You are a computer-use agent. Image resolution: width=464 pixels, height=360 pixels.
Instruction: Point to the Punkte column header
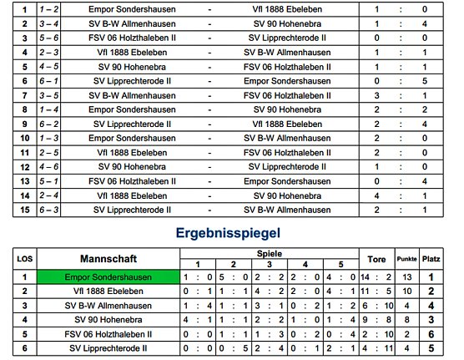(x=406, y=257)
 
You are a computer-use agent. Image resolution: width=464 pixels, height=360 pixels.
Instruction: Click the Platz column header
(x=431, y=257)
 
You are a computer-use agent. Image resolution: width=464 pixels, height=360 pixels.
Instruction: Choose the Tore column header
(x=376, y=257)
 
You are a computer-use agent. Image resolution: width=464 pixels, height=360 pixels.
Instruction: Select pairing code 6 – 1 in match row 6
(x=49, y=81)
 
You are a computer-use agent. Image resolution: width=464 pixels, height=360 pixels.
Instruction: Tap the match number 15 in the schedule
(x=25, y=210)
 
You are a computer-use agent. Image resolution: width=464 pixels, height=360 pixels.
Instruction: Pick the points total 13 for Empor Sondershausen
(x=406, y=276)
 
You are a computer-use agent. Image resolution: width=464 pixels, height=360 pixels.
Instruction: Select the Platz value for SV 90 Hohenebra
(x=431, y=319)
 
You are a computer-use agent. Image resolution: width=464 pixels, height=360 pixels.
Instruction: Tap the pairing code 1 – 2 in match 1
(x=49, y=10)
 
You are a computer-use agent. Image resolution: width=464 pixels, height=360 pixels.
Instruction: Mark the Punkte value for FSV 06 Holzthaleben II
(x=406, y=333)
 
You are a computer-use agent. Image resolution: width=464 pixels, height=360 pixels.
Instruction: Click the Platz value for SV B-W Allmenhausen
(x=431, y=305)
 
